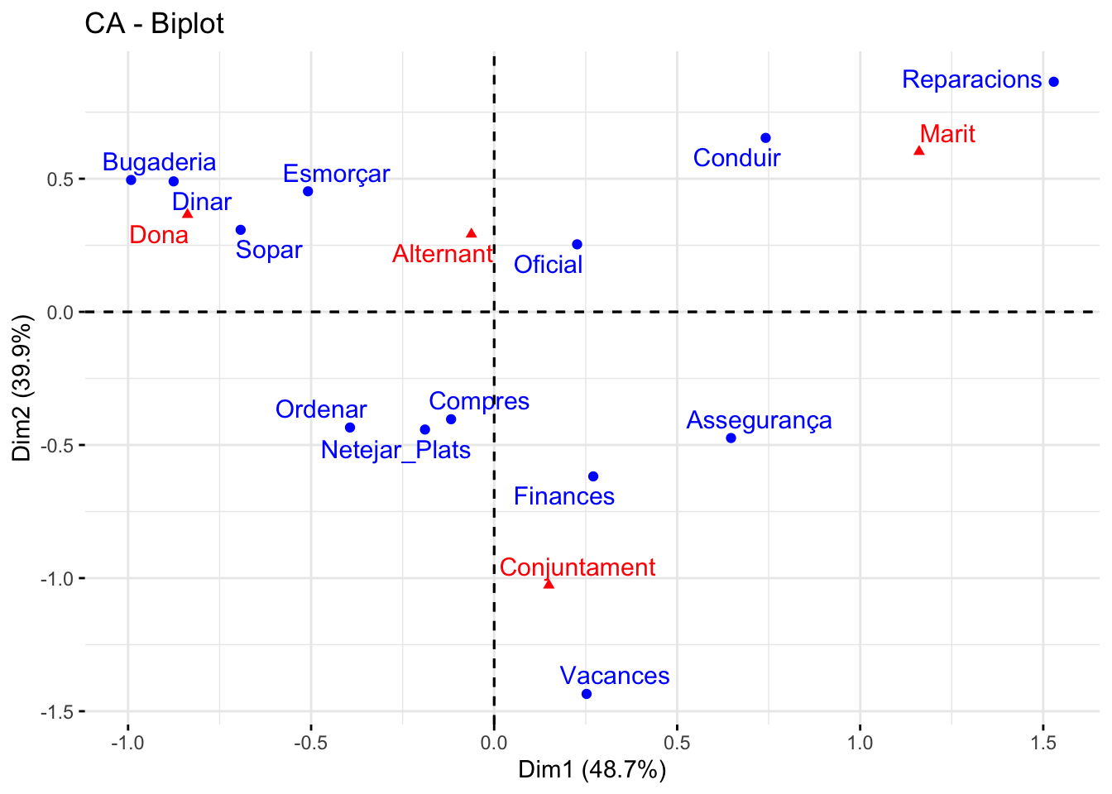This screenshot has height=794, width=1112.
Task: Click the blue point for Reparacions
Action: click(1053, 82)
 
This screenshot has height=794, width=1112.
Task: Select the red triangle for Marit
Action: click(918, 151)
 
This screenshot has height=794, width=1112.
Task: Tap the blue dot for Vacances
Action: click(587, 694)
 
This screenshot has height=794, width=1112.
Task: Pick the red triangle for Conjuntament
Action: click(549, 584)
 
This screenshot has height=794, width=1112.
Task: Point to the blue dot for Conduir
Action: click(765, 138)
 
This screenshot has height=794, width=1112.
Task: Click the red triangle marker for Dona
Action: click(188, 213)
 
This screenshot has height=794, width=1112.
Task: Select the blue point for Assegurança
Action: click(731, 438)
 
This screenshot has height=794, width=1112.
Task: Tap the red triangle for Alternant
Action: click(472, 233)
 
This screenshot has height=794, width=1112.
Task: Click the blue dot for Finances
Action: click(593, 476)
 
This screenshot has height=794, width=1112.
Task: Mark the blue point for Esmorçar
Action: click(308, 192)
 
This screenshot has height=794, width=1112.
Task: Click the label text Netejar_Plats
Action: click(395, 450)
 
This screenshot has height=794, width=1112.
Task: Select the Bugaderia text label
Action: click(159, 162)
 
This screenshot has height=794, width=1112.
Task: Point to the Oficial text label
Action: click(548, 265)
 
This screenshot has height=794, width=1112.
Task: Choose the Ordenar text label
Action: click(321, 409)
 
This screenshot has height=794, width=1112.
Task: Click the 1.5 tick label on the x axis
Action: click(1043, 743)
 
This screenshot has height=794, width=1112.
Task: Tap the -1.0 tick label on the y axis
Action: click(56, 578)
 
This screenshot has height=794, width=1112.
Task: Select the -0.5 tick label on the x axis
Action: click(310, 743)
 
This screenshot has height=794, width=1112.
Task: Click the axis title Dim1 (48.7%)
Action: click(592, 770)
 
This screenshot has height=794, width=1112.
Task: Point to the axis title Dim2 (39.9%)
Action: click(22, 388)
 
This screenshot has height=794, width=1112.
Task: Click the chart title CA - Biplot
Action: click(154, 23)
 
